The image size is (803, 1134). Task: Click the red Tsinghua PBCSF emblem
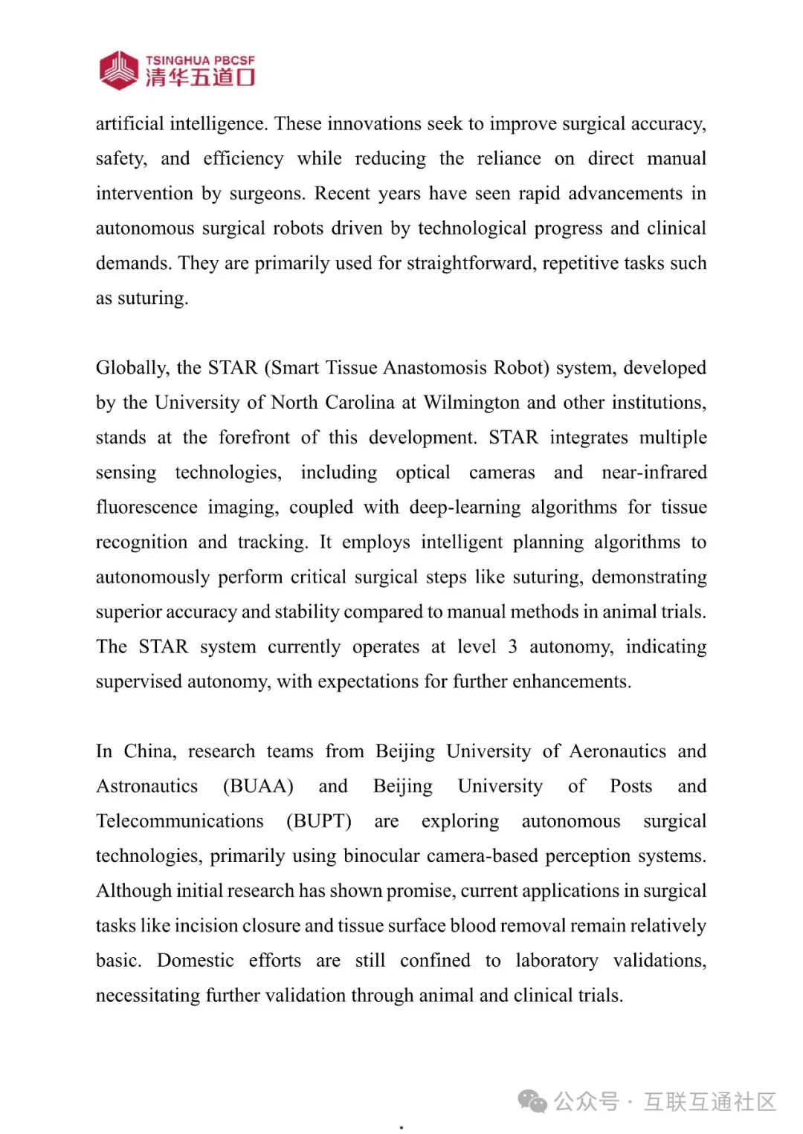click(x=119, y=71)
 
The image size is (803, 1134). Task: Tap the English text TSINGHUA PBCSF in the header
click(x=200, y=60)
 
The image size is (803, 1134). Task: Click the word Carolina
click(x=349, y=403)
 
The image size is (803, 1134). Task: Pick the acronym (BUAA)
click(x=258, y=786)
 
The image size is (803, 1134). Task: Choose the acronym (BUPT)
click(x=319, y=821)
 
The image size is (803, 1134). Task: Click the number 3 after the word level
click(x=512, y=647)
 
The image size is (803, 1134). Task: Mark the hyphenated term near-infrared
click(x=654, y=473)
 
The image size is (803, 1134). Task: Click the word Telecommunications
click(x=180, y=821)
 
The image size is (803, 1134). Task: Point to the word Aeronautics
click(x=617, y=751)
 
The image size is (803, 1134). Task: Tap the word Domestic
click(x=196, y=961)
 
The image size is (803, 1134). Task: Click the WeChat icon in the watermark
click(x=532, y=1101)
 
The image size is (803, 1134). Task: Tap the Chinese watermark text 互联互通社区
click(x=710, y=1101)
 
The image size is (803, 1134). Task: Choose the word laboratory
click(x=556, y=961)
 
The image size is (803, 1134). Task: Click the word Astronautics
click(x=147, y=786)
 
